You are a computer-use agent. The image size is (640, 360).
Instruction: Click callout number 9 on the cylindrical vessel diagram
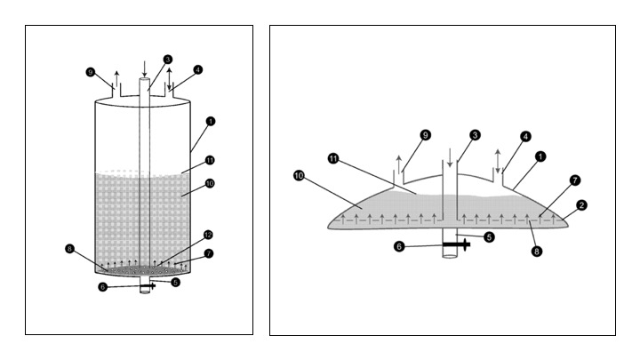pyautogui.click(x=91, y=71)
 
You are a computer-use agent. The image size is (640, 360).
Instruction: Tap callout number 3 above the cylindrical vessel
pyautogui.click(x=166, y=60)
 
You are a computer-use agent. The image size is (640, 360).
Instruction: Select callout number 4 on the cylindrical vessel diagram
pyautogui.click(x=198, y=68)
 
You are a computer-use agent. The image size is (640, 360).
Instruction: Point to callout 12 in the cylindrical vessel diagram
pyautogui.click(x=206, y=235)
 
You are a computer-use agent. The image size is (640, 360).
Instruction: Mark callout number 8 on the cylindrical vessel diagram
pyautogui.click(x=70, y=249)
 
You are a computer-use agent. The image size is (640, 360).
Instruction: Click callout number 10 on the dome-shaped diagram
pyautogui.click(x=299, y=175)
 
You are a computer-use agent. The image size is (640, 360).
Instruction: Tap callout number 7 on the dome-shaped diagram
pyautogui.click(x=575, y=180)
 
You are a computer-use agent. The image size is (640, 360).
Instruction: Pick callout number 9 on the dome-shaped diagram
pyautogui.click(x=426, y=134)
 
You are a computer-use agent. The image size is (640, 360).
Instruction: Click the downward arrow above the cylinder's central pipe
pyautogui.click(x=146, y=68)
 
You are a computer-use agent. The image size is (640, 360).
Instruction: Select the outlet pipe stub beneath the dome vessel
pyautogui.click(x=451, y=252)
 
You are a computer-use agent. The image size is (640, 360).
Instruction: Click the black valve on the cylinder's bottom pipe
pyautogui.click(x=152, y=286)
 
